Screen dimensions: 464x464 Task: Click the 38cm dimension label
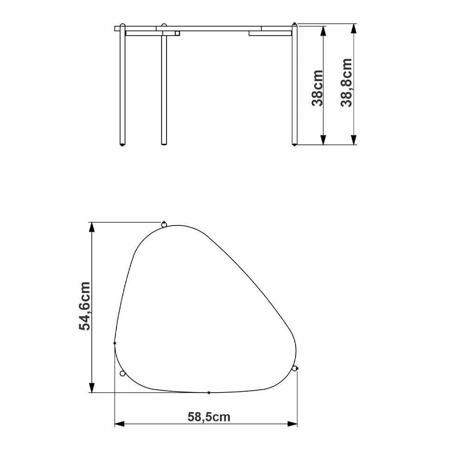point(317,88)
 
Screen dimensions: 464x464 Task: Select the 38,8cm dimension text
point(347,83)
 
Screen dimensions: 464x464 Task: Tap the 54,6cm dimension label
point(85,306)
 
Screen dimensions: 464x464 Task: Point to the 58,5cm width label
point(209,417)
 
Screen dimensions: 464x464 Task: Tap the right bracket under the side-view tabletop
point(270,33)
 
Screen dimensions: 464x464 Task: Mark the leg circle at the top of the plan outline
point(164,225)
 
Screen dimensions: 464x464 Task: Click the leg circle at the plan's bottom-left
point(122,374)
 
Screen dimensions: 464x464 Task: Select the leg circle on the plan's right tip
point(294,368)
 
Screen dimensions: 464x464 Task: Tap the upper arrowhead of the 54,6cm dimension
point(92,228)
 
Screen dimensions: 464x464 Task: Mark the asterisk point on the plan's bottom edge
point(209,393)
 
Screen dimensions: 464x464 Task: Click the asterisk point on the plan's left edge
point(115,343)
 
